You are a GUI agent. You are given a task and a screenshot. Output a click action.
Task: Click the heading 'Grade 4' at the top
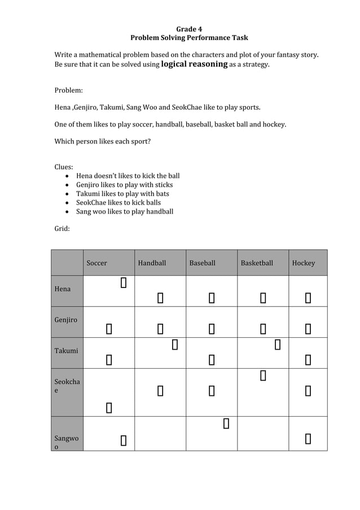[x=189, y=29]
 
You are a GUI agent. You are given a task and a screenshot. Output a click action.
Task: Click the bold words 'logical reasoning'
[x=194, y=64]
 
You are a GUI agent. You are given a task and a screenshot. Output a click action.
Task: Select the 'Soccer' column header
[x=96, y=263]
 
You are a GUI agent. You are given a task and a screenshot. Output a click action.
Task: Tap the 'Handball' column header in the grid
[x=152, y=263]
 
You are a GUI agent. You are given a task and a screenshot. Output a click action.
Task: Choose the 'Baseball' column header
[x=202, y=263]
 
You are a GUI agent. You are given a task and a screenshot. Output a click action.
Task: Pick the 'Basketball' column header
[x=257, y=263]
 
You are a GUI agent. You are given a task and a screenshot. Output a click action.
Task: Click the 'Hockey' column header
[x=304, y=263]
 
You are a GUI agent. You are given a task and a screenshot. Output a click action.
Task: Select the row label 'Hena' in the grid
[x=63, y=289]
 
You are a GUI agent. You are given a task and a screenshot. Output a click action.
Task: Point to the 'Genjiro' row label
[x=66, y=320]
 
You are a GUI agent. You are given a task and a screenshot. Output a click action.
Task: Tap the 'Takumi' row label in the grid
[x=66, y=351]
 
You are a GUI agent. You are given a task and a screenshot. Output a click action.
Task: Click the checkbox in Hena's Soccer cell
[x=123, y=282]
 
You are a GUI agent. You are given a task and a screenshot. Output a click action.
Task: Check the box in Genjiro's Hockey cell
[x=308, y=328]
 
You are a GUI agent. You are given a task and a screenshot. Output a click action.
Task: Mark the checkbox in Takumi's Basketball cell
[x=277, y=343]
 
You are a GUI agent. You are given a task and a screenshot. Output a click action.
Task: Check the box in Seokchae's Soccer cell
[x=108, y=407]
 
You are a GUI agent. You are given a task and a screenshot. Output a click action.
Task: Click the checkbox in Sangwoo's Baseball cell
[x=226, y=423]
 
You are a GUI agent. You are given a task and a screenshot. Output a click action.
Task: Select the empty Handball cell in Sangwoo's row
[x=160, y=433]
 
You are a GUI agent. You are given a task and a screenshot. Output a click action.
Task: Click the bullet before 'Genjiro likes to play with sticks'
[x=68, y=185]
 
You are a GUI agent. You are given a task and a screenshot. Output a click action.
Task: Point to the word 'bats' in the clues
[x=162, y=194]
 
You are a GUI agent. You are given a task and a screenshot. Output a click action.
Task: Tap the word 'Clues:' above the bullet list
[x=64, y=167]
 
